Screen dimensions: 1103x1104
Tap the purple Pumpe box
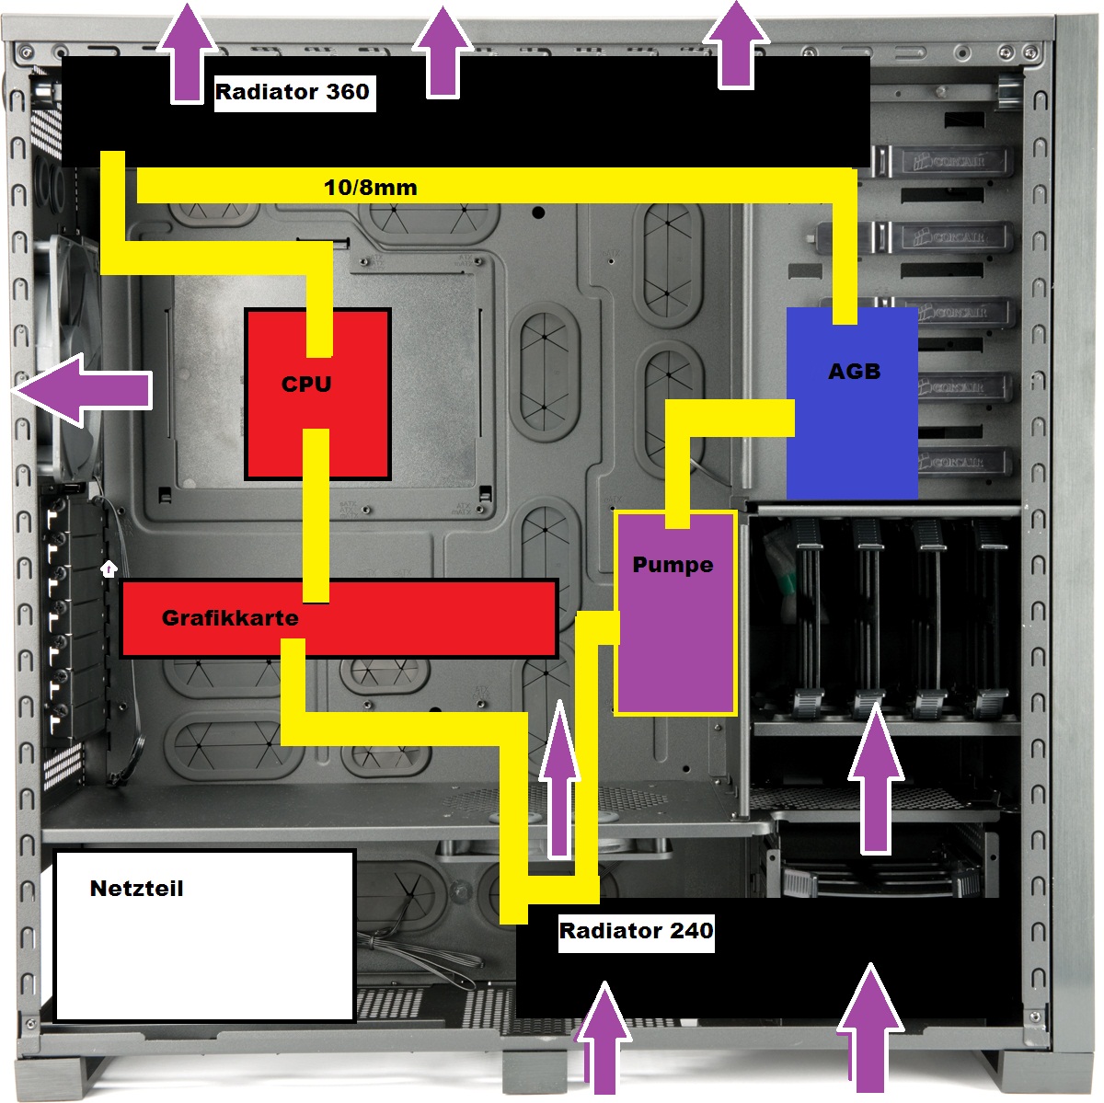coord(676,644)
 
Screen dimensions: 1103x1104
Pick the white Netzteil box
coord(204,957)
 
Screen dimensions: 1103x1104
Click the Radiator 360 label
coord(293,92)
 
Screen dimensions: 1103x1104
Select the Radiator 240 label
coord(637,931)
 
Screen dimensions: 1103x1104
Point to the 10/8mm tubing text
coord(370,189)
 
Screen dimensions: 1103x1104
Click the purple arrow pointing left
coord(83,391)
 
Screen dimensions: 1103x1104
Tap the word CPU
coord(306,384)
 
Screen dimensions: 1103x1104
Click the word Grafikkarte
coord(230,617)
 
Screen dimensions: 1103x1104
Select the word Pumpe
coord(673,565)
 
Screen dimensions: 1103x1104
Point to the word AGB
coord(854,372)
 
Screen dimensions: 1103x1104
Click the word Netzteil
coord(136,889)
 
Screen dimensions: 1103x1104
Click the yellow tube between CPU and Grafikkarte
coord(316,515)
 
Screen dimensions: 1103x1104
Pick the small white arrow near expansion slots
coord(109,569)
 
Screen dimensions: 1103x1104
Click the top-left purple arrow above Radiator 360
coord(188,51)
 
